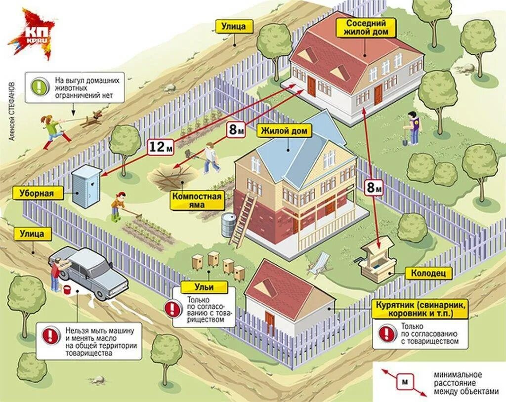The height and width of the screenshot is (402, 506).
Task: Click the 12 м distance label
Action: pyautogui.click(x=161, y=147)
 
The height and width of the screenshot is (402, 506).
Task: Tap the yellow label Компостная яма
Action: pyautogui.click(x=197, y=201)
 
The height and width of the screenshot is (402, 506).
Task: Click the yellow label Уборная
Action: pyautogui.click(x=37, y=193)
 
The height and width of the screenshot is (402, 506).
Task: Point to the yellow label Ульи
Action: pyautogui.click(x=204, y=287)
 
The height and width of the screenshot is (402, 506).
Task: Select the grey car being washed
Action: pyautogui.click(x=89, y=270)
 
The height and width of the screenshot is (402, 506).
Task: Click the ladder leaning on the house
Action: pyautogui.click(x=243, y=220)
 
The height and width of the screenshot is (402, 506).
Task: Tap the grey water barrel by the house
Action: pyautogui.click(x=228, y=225)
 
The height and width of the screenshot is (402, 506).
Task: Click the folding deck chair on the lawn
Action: pyautogui.click(x=318, y=264)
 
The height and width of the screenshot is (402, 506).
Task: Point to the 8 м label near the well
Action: pyautogui.click(x=374, y=187)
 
